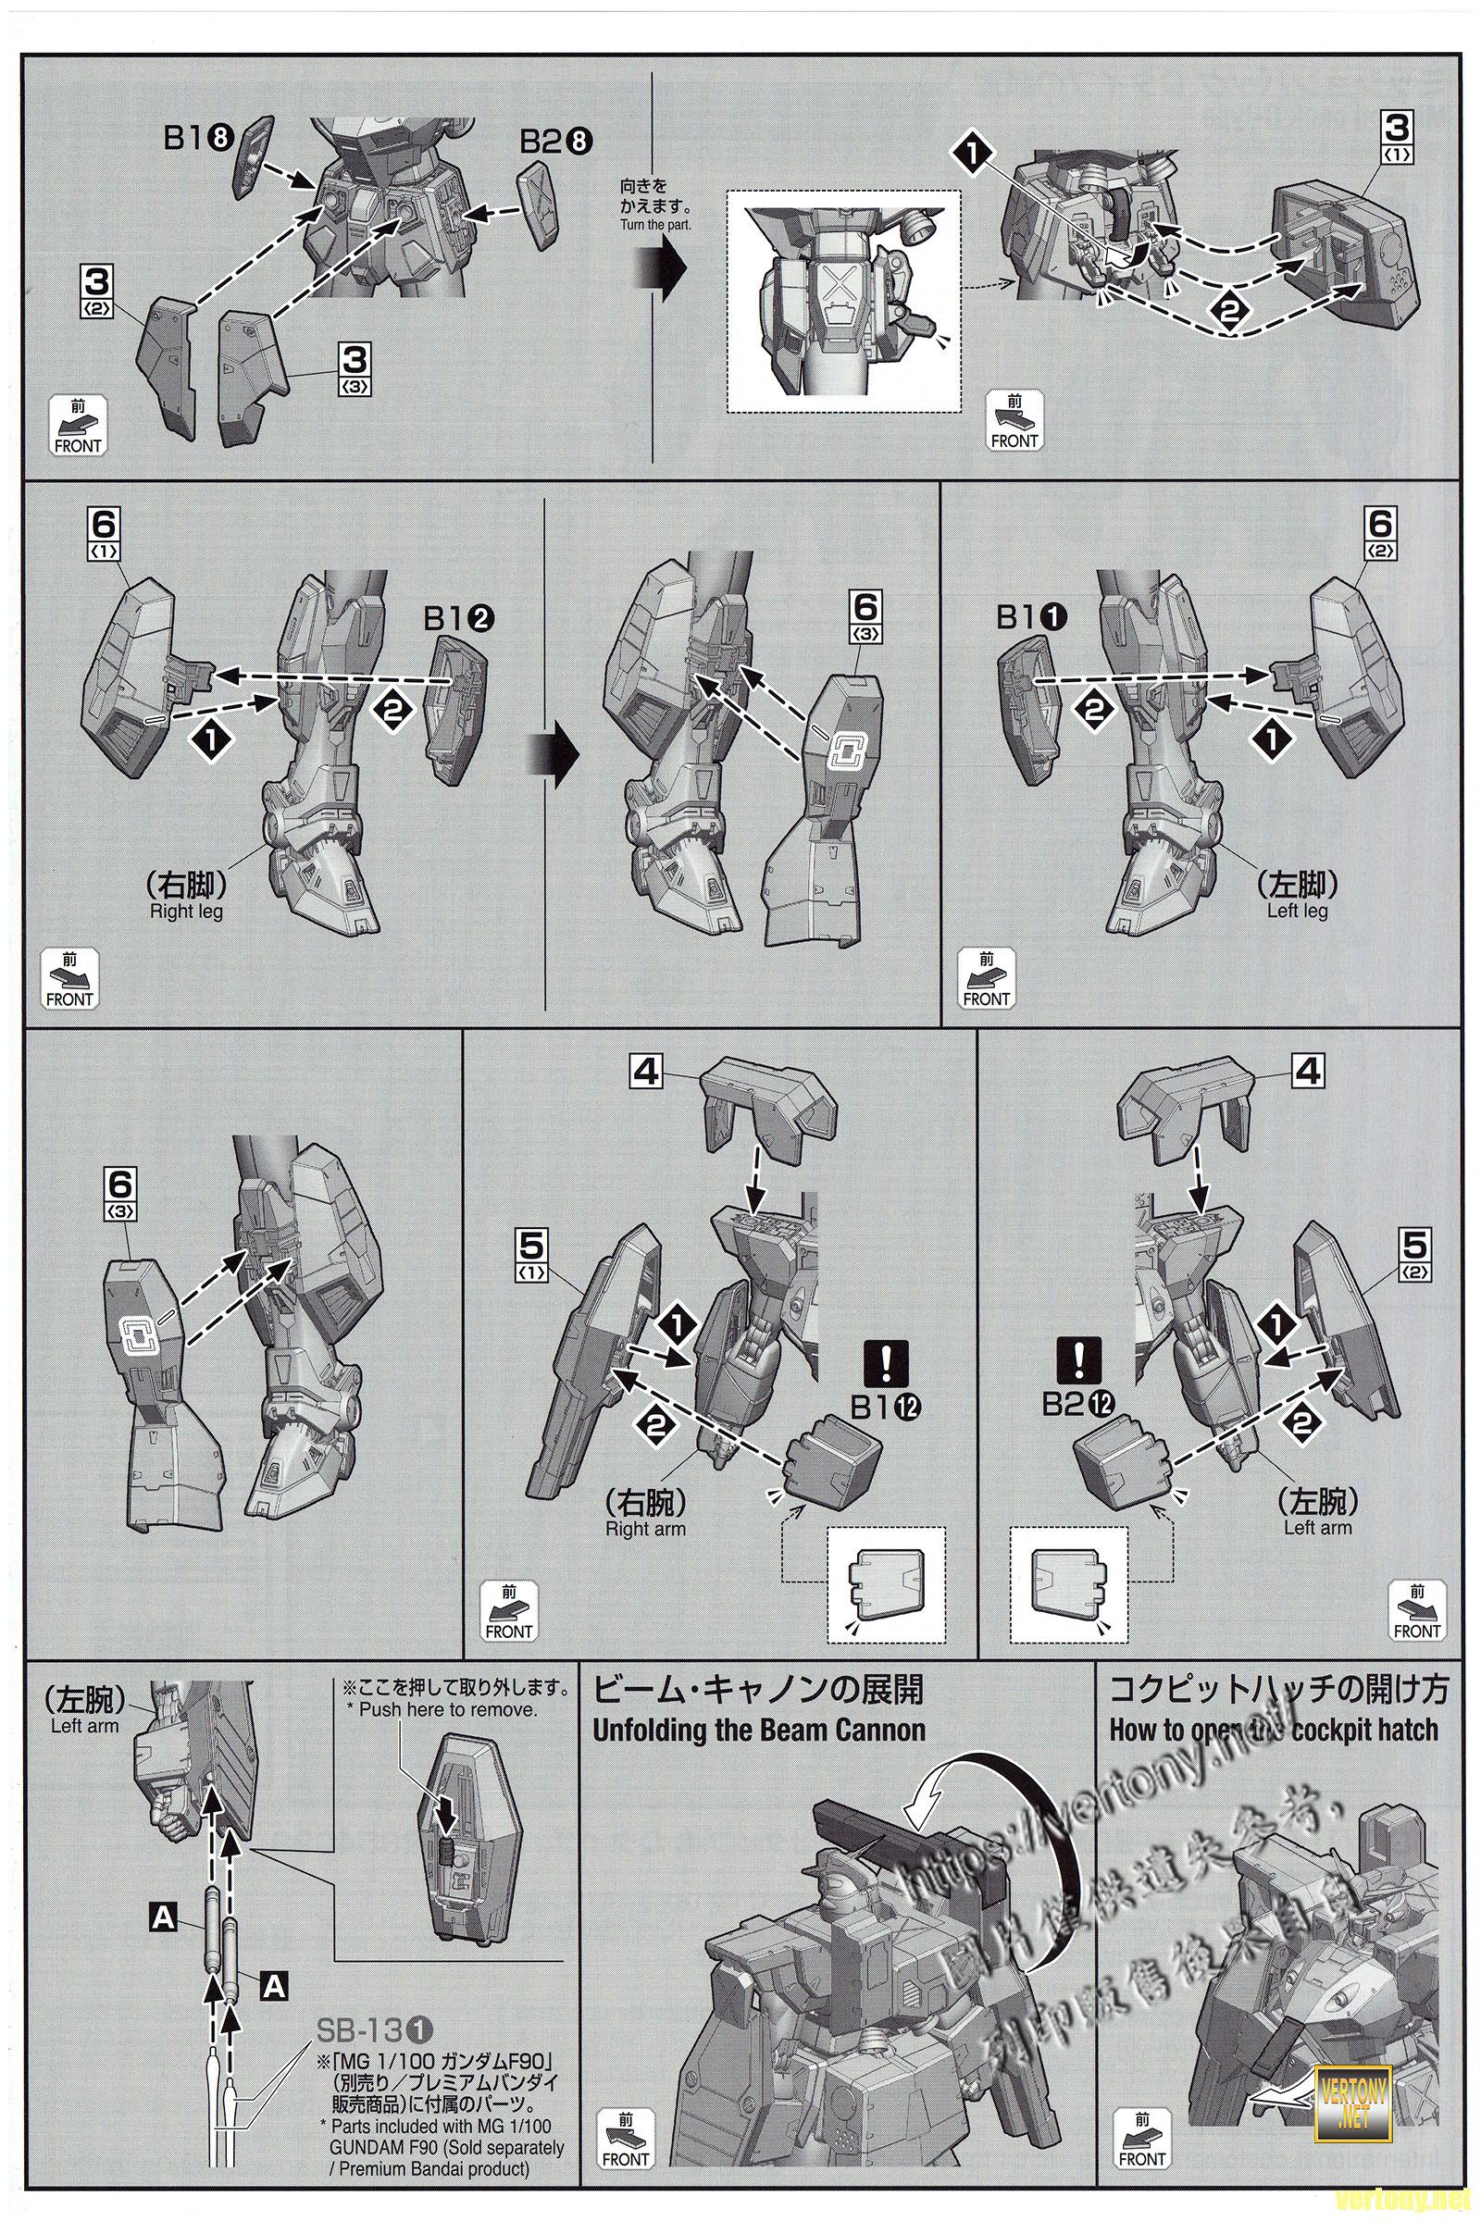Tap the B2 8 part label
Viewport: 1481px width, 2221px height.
click(558, 142)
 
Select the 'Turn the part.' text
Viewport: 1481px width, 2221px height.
click(655, 225)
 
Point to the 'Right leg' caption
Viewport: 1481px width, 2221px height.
click(186, 912)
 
